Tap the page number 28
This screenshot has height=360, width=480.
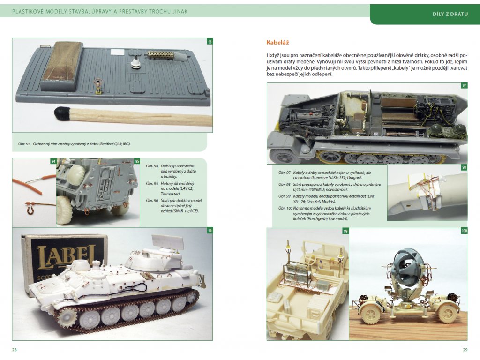(15, 350)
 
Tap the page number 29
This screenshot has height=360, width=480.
(465, 350)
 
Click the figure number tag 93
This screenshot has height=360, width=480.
(210, 42)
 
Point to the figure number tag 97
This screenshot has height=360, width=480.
(464, 86)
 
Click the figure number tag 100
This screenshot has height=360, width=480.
(464, 231)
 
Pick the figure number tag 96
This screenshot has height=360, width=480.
(210, 231)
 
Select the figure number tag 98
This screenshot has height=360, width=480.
(464, 168)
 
